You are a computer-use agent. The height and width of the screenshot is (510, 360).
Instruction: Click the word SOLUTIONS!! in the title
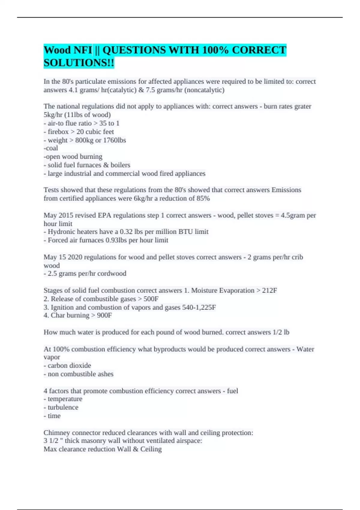(79, 63)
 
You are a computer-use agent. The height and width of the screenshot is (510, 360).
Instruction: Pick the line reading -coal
(51, 148)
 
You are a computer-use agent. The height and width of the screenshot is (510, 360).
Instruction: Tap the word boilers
(120, 165)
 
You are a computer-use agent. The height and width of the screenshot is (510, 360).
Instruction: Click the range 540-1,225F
(199, 307)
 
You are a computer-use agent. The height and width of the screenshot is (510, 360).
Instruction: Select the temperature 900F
(104, 315)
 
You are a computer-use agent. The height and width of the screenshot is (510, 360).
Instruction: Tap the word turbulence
(63, 407)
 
